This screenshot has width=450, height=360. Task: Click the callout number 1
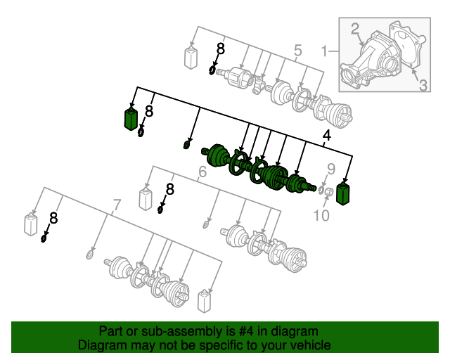click(x=324, y=51)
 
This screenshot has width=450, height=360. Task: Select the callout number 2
click(x=354, y=29)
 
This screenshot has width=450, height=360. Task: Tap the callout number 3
click(x=423, y=85)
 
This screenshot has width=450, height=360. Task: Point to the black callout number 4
click(x=326, y=136)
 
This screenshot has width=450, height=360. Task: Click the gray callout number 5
click(x=298, y=50)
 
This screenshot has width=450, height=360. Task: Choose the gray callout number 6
click(x=202, y=172)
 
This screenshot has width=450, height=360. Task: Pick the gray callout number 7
click(x=116, y=205)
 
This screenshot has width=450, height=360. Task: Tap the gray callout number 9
click(x=331, y=169)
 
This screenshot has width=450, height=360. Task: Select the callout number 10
click(x=321, y=215)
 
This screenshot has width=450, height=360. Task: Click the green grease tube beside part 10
click(x=343, y=194)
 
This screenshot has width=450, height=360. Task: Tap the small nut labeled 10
click(x=329, y=191)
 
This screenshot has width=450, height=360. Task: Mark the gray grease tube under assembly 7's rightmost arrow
click(x=205, y=301)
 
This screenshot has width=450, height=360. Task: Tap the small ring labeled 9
click(x=321, y=190)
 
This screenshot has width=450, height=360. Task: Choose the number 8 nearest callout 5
click(x=220, y=49)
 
